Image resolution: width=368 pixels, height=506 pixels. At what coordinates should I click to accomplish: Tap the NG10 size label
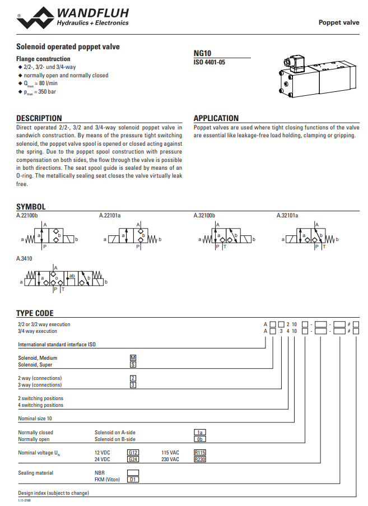tap(202, 54)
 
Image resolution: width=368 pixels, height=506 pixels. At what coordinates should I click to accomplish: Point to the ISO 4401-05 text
tap(209, 62)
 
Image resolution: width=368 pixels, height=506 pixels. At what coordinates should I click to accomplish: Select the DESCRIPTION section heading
tap(39, 118)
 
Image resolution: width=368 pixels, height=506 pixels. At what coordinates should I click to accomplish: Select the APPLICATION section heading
tap(216, 118)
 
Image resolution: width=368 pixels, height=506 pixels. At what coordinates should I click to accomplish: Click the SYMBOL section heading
tap(31, 207)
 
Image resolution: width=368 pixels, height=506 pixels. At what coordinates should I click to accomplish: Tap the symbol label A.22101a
tap(110, 215)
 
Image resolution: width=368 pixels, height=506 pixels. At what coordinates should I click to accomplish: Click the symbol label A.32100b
tap(204, 215)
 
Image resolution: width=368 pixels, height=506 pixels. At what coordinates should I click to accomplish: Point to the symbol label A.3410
tap(25, 259)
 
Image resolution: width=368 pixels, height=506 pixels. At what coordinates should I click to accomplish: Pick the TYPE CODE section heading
tap(35, 313)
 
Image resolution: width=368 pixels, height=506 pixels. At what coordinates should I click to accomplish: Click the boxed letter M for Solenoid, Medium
tap(133, 358)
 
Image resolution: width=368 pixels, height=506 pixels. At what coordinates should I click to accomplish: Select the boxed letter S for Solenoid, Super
tap(133, 364)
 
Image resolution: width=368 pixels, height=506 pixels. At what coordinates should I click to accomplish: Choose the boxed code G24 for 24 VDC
tap(133, 459)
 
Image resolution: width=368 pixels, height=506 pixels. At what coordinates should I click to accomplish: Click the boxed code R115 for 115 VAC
tap(200, 453)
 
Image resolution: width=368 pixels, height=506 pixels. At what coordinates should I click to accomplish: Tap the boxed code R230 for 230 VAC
tap(200, 459)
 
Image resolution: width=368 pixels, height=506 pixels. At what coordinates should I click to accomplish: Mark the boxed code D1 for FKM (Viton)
tap(133, 480)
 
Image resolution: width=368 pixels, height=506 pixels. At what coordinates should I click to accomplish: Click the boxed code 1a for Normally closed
tap(200, 433)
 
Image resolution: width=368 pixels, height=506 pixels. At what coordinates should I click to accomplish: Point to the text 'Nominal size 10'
tap(35, 419)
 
